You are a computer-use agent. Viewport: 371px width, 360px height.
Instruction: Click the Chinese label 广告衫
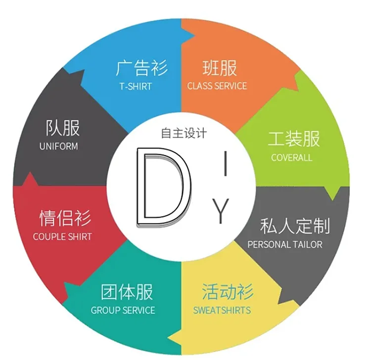click(141, 68)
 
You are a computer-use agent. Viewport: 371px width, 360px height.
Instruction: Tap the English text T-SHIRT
click(136, 86)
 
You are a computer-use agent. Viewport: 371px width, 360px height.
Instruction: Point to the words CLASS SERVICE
click(217, 86)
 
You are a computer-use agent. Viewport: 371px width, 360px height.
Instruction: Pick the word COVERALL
click(292, 158)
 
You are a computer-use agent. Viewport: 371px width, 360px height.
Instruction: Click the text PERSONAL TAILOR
click(285, 244)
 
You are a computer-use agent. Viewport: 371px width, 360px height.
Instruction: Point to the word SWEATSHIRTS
click(222, 311)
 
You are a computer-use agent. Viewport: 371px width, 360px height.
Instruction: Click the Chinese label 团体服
click(127, 292)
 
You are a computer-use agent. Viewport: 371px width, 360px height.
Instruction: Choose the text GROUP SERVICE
click(123, 311)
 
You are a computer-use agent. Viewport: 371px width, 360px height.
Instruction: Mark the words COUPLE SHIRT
click(62, 236)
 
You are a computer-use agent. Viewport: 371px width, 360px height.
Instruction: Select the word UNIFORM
click(58, 146)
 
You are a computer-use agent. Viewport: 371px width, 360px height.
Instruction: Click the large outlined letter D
click(162, 186)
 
